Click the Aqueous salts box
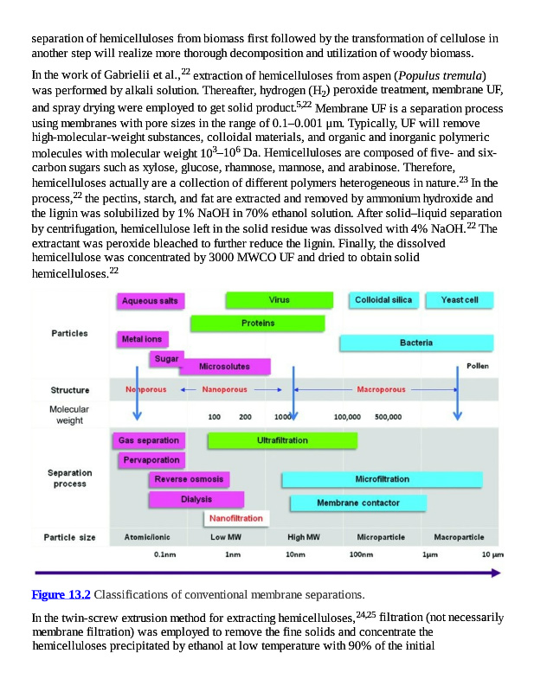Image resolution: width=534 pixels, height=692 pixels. coord(150,301)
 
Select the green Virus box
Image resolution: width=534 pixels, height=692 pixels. coord(280,300)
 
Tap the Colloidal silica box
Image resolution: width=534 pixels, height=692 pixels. coord(384,300)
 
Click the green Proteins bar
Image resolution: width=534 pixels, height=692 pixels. coord(257,323)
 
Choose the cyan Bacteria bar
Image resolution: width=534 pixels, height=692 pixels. coord(416,343)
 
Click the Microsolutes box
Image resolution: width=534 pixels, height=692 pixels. coord(224,367)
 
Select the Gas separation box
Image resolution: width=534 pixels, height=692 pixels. coord(149,440)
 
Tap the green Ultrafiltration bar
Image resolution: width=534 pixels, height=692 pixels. coord(282,440)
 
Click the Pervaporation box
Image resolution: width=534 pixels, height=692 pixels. coord(151,460)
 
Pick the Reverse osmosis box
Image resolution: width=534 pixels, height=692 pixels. coord(189,479)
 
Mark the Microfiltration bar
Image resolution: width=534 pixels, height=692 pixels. coord(382,479)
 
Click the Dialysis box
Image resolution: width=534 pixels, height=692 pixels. coord(196,499)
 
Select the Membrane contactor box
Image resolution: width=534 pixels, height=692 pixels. coord(357,503)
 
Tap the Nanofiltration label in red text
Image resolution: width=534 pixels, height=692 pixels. coord(236,518)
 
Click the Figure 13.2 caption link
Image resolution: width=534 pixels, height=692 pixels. coord(61,594)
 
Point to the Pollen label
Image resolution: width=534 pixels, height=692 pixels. coord(477,366)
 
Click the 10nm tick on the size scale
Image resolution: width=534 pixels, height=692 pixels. coord(294,554)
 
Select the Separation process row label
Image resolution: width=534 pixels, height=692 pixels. coord(70,478)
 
